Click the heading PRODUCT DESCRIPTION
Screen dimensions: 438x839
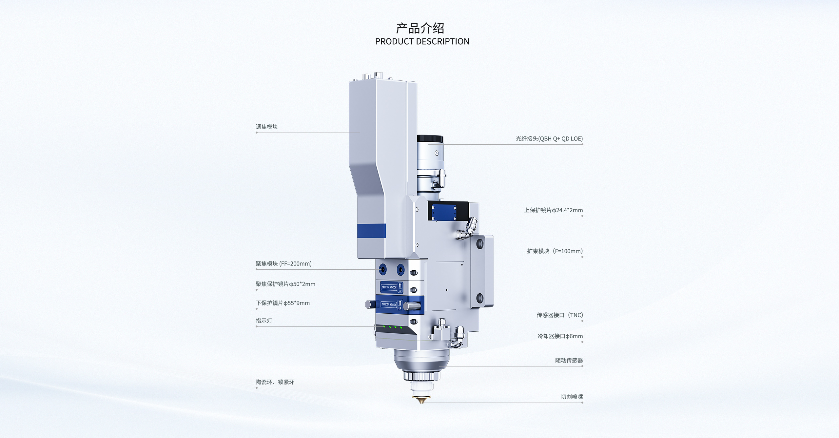coord(422,42)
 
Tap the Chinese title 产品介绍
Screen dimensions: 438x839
coord(420,28)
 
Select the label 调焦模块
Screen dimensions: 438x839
coord(267,127)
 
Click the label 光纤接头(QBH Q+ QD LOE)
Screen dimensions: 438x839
coord(549,139)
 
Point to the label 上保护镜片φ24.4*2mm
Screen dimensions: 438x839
coord(553,210)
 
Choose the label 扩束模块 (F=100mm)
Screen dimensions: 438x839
coord(555,251)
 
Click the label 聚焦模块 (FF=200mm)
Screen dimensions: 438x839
coord(283,264)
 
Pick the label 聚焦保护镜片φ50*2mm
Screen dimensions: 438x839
coord(285,284)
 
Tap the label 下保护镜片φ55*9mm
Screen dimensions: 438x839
coord(283,303)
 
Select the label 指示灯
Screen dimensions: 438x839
coord(264,321)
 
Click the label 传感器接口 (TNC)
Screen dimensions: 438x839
coord(559,315)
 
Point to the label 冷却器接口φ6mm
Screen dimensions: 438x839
coord(560,336)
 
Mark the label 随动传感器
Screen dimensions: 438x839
coord(569,361)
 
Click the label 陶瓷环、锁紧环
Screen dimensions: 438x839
coord(275,382)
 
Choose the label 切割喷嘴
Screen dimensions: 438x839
coord(572,397)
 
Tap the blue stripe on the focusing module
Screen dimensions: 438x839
coord(371,231)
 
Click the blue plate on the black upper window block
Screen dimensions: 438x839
coord(444,212)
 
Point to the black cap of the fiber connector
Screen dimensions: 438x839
coord(430,139)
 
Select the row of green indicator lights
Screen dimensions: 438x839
coord(393,327)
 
